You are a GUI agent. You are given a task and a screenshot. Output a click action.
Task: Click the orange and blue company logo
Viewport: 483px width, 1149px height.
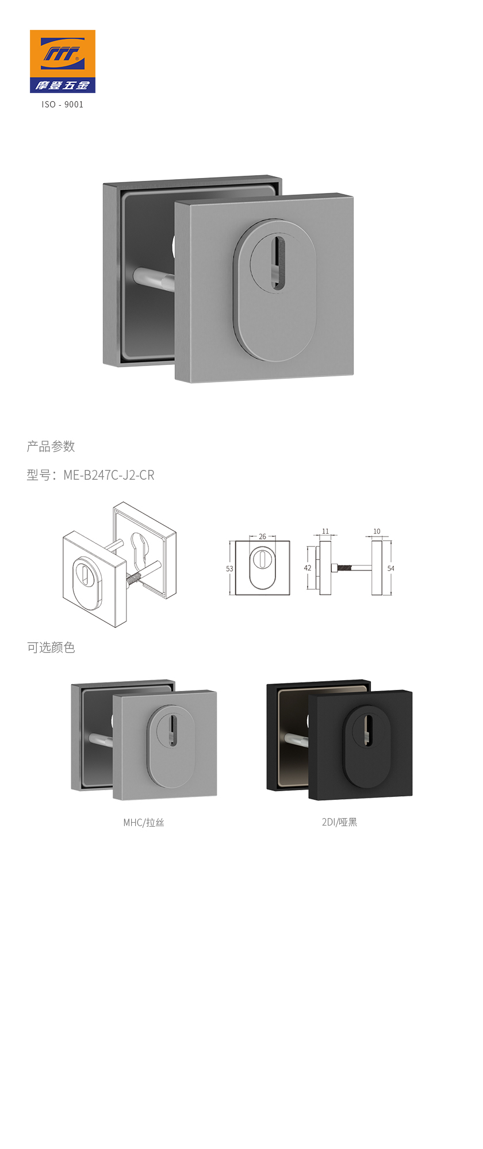pos(63,61)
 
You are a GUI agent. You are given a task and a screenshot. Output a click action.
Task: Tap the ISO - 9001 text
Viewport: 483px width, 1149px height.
pos(63,105)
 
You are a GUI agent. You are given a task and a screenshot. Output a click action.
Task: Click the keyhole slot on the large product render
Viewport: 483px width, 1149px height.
pos(278,262)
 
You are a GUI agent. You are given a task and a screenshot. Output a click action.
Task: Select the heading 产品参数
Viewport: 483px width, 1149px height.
pos(51,446)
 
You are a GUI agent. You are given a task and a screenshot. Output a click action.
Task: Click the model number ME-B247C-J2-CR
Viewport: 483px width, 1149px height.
pos(109,475)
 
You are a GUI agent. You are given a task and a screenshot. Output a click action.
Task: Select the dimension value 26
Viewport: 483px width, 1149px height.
pos(262,537)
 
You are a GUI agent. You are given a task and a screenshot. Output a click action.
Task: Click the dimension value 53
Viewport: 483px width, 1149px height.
pos(229,569)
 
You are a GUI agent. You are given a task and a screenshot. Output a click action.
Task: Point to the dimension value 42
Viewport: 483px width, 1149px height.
pos(308,568)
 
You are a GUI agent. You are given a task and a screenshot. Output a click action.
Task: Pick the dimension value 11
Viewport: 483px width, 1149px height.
pos(325,531)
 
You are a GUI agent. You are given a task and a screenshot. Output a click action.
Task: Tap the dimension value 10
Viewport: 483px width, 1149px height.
pos(377,531)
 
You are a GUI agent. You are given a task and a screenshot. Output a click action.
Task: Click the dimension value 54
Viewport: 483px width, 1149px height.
pos(391,568)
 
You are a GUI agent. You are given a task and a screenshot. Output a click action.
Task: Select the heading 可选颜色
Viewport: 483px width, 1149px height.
pos(51,647)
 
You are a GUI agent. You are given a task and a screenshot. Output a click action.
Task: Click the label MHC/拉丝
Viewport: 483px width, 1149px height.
pos(144,823)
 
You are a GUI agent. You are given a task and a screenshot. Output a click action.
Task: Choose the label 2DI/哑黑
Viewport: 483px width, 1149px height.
pos(339,822)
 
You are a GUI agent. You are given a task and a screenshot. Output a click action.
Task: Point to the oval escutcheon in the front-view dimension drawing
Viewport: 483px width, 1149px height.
pos(262,568)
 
